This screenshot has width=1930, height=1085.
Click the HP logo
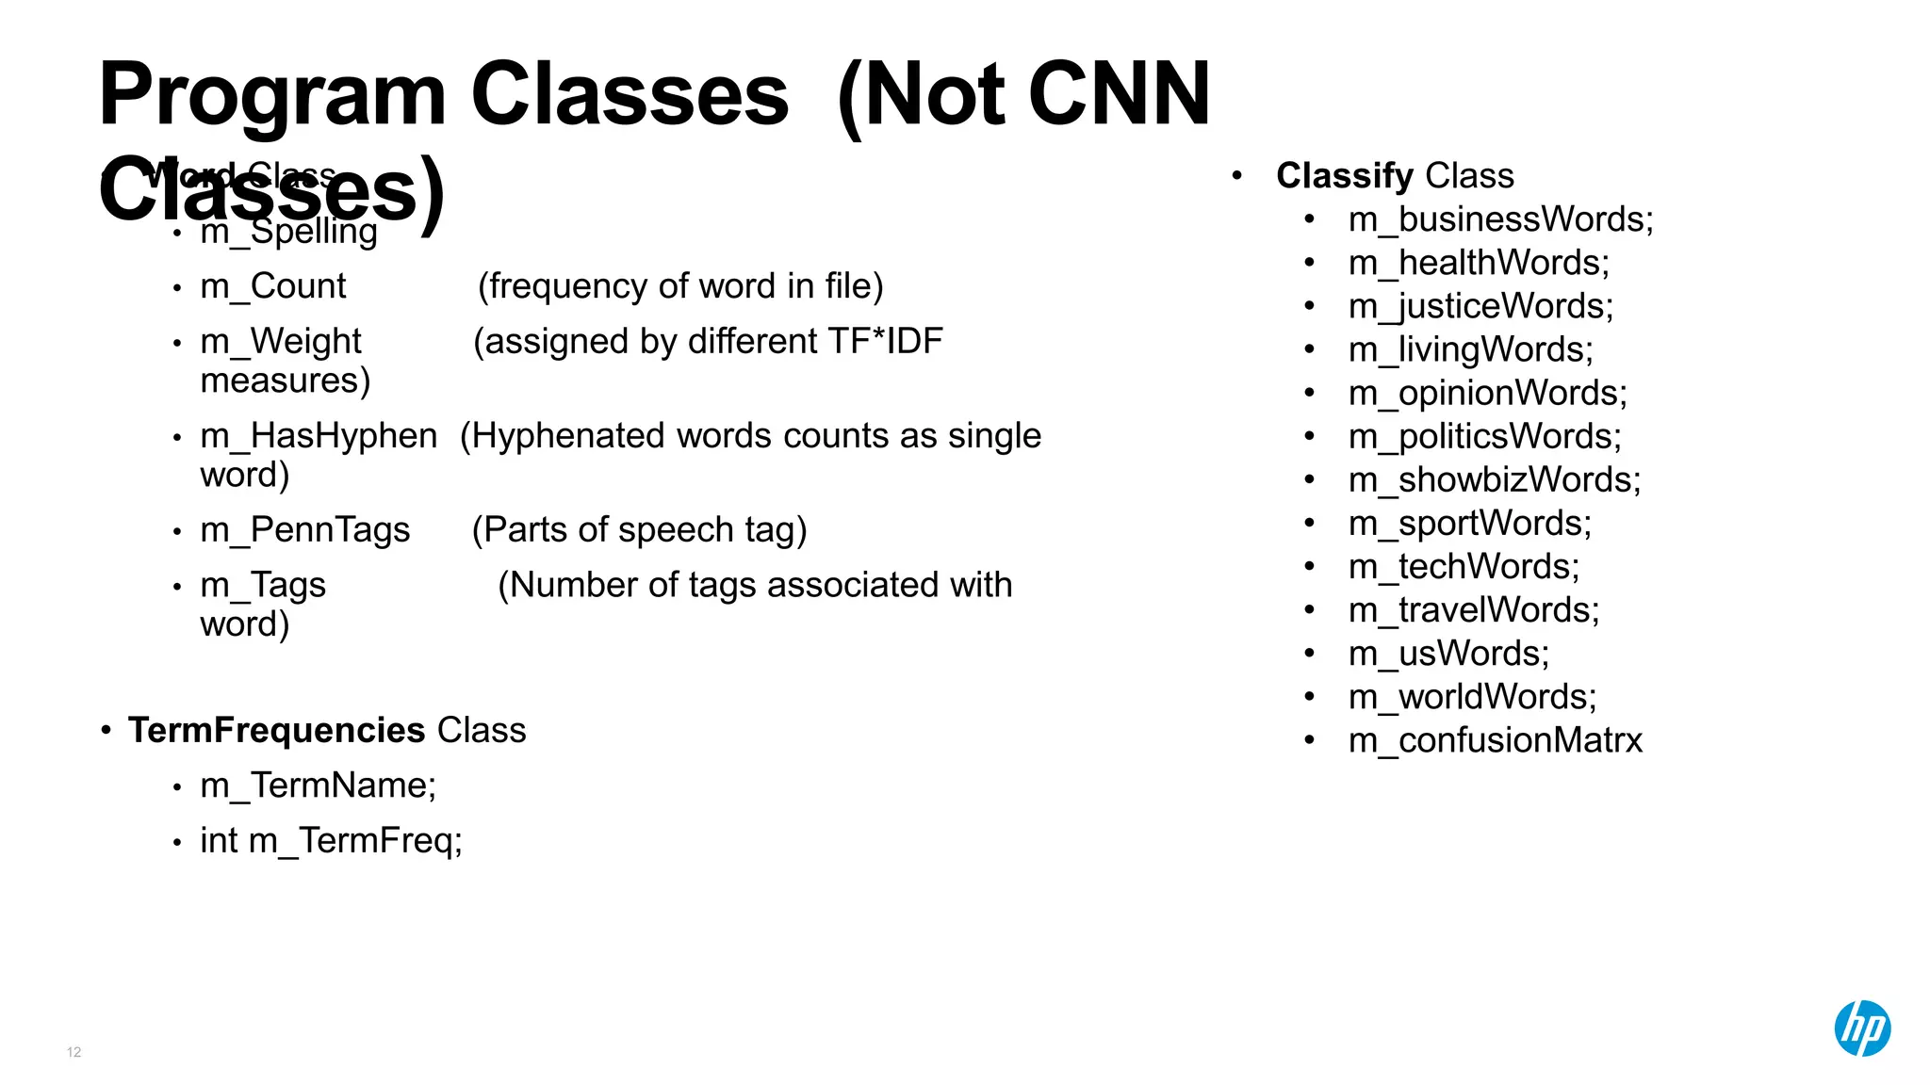[x=1862, y=1028]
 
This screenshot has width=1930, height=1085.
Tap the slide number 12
[x=74, y=1052]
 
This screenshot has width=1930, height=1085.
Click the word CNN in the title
[x=1119, y=94]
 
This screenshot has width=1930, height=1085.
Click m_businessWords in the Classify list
[x=1500, y=219]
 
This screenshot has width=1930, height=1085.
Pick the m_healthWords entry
[x=1479, y=263]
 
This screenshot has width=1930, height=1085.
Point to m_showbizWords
[x=1495, y=480]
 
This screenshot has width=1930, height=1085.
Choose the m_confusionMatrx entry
[x=1495, y=740]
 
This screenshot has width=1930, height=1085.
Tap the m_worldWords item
[x=1472, y=697]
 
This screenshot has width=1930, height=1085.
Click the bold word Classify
[x=1345, y=176]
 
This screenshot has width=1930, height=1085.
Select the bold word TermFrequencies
[x=277, y=731]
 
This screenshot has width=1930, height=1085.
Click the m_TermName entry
[x=318, y=785]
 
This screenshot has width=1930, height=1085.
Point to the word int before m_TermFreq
[x=219, y=840]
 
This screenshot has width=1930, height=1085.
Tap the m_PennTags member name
[x=305, y=530]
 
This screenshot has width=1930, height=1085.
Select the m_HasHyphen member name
[x=319, y=436]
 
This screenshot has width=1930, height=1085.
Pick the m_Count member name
[x=273, y=286]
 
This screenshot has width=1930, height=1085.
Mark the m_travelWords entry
[x=1474, y=610]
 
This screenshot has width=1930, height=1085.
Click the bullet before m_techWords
[x=1309, y=566]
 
